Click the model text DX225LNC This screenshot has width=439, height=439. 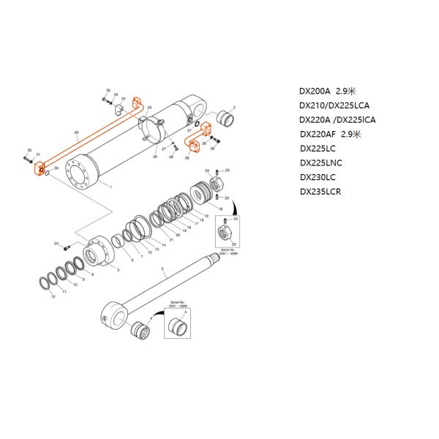pos(321,163)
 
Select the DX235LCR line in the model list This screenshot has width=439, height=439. pos(321,192)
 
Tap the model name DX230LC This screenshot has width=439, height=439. pos(318,177)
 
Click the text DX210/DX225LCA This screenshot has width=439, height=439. pos(334,106)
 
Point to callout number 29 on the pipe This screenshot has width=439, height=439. pos(77,132)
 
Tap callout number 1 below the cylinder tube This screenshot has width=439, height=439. pos(110,188)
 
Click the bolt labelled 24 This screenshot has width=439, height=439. pos(68,245)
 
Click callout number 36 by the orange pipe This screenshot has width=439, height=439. pos(187,158)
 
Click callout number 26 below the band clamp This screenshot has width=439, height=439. pos(154,157)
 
